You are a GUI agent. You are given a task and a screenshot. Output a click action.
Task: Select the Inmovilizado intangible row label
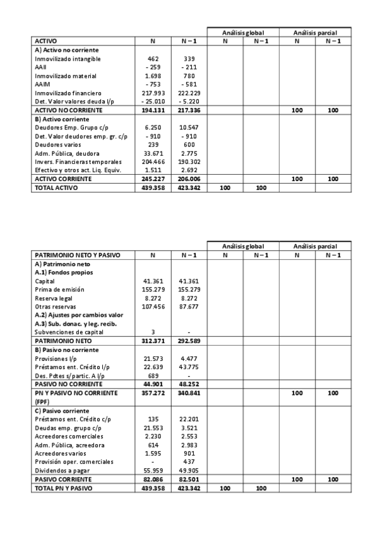[x=68, y=59]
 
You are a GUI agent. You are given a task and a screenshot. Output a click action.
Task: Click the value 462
[x=153, y=59]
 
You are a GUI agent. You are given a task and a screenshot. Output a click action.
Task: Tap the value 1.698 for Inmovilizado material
[x=153, y=76]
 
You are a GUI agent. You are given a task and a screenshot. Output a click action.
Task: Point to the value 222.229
[x=189, y=93]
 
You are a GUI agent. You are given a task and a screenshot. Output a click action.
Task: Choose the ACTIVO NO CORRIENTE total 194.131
[x=153, y=110]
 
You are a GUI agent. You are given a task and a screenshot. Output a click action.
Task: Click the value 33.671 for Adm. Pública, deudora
[x=153, y=153]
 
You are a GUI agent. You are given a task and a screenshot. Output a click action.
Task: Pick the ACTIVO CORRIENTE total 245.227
[x=153, y=179]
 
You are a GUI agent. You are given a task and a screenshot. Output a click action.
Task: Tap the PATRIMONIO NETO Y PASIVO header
[x=76, y=255]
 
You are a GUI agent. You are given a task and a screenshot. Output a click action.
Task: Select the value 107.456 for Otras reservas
[x=153, y=307]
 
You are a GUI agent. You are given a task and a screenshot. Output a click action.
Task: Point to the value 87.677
[x=189, y=307]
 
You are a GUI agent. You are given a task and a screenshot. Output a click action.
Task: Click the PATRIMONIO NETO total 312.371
[x=153, y=341]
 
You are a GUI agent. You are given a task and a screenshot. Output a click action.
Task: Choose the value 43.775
[x=189, y=367]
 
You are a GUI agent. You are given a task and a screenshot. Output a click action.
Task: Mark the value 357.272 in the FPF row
[x=153, y=392]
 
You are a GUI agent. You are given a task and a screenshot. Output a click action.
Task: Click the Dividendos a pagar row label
[x=63, y=470]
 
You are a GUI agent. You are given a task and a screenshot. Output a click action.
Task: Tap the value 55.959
[x=153, y=470]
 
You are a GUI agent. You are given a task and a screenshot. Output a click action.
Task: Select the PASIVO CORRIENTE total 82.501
[x=189, y=479]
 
